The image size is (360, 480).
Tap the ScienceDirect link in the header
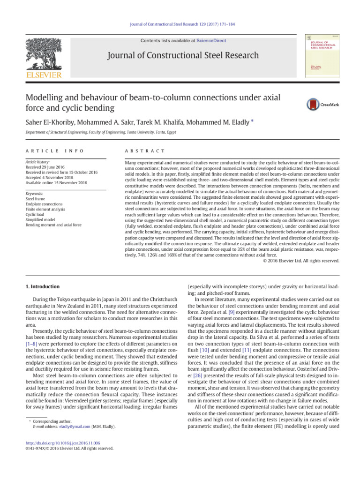pos(211,41)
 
